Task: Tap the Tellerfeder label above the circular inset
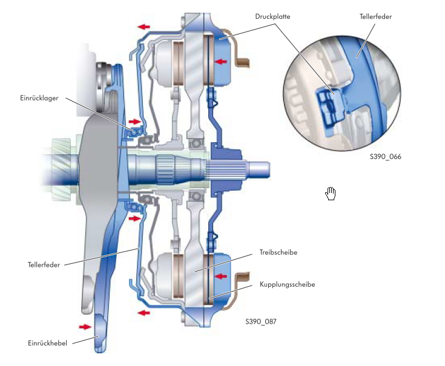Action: pos(375,16)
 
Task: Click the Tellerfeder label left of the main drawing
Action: pos(44,264)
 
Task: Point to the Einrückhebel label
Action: pos(46,342)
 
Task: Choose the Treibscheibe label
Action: pos(279,252)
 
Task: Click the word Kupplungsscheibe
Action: pos(288,284)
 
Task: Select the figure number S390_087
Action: pos(261,322)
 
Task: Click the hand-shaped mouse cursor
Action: pos(331,194)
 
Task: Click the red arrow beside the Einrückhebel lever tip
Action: pos(84,327)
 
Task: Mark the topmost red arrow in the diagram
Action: pos(144,27)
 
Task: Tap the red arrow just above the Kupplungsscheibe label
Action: pos(222,276)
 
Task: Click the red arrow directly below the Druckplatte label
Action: pos(222,61)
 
